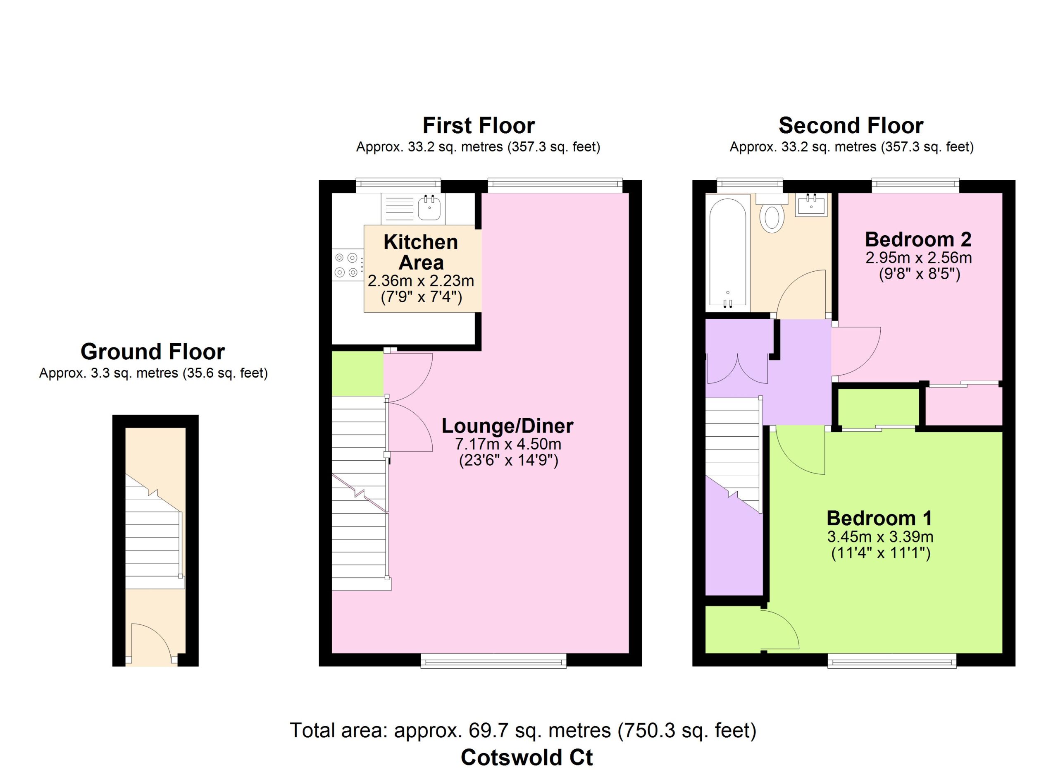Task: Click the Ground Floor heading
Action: (153, 352)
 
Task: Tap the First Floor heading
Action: (479, 126)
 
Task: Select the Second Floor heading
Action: (851, 126)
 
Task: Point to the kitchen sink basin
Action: (429, 208)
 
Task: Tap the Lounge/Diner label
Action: (508, 426)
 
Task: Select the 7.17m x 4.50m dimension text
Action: (508, 443)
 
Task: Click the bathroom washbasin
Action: (812, 206)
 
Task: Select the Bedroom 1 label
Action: (879, 518)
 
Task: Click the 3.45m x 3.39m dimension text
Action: (880, 537)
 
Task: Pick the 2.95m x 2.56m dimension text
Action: (919, 258)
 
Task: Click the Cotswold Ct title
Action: (527, 757)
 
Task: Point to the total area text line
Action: (523, 730)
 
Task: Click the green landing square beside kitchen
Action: (358, 373)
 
